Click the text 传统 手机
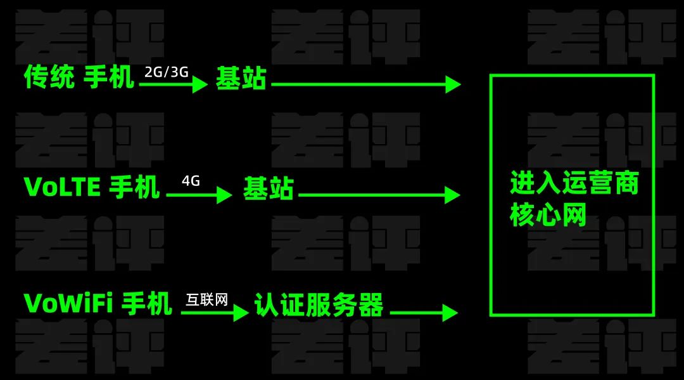click(79, 77)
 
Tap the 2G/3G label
click(166, 72)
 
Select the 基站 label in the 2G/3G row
click(241, 79)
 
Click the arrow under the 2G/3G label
click(174, 84)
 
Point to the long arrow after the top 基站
click(366, 84)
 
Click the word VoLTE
click(62, 187)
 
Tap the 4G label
click(191, 181)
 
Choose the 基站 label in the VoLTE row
click(269, 188)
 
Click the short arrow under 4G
click(199, 195)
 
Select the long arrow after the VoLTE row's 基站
click(379, 195)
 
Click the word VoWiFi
click(68, 303)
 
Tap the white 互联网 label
click(206, 299)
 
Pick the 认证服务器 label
click(319, 305)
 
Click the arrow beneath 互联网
click(215, 313)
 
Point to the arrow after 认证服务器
click(424, 313)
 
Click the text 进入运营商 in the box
click(574, 183)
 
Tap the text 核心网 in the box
click(548, 214)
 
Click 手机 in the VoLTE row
click(134, 187)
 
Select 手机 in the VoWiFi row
click(146, 303)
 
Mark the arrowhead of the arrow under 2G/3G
click(200, 84)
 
